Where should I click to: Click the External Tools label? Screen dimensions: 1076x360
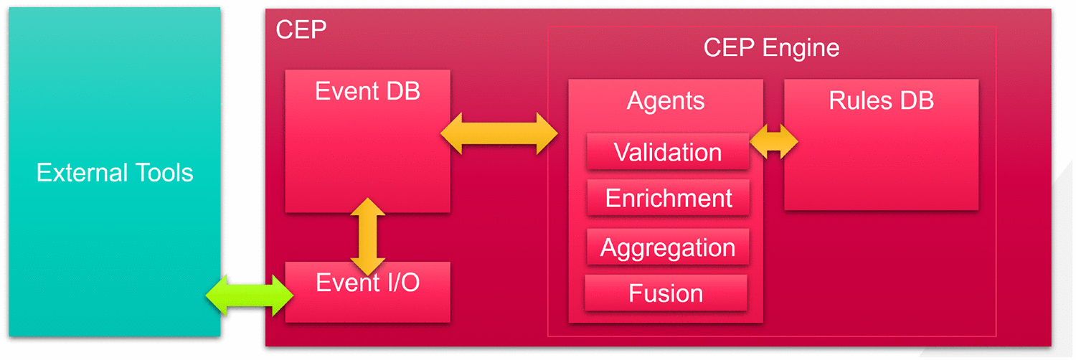(115, 172)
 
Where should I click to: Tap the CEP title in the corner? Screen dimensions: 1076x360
(301, 29)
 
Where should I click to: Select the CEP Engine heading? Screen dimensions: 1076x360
(771, 48)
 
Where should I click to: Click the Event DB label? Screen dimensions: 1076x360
(367, 91)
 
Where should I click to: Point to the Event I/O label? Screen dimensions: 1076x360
(367, 283)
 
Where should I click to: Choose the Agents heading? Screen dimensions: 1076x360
(666, 101)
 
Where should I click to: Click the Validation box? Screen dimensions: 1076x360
(668, 152)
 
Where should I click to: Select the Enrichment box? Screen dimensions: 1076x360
(668, 198)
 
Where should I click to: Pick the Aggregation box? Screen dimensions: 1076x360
(668, 247)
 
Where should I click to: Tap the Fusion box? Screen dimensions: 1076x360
(666, 293)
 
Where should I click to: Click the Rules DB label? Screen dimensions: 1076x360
(882, 100)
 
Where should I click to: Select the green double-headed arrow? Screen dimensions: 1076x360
(250, 295)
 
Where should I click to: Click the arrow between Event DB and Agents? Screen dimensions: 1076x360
(499, 133)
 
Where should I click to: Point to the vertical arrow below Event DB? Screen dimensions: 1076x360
(367, 237)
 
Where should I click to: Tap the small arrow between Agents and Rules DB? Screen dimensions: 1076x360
(774, 141)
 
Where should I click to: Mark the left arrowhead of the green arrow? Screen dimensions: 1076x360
(216, 295)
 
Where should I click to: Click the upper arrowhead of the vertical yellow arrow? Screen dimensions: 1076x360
(367, 207)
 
